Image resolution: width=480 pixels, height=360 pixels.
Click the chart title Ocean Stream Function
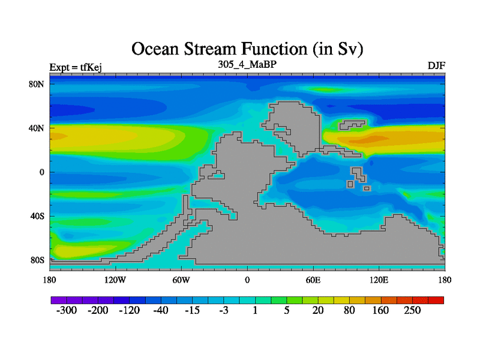(x=247, y=49)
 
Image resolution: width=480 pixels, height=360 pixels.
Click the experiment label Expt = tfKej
(x=76, y=67)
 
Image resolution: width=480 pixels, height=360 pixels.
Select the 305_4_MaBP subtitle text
(x=247, y=64)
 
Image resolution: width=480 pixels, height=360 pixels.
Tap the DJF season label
(x=436, y=65)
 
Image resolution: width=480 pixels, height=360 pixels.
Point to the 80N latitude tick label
(x=37, y=84)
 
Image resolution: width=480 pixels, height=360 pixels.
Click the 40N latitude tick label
(x=37, y=128)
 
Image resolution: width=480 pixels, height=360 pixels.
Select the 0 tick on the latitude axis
(x=41, y=172)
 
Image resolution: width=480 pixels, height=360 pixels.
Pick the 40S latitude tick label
(x=37, y=216)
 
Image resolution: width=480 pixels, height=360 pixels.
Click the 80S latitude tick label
(x=37, y=260)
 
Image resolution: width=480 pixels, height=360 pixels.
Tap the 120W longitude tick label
(x=115, y=280)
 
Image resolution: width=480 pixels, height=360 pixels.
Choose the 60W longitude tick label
(x=181, y=280)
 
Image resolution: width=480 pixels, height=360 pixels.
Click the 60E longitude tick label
(x=313, y=280)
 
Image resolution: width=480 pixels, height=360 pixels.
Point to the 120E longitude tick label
(x=379, y=280)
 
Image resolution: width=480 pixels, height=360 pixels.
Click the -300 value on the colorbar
(x=67, y=310)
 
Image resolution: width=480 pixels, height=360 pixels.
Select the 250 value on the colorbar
(x=412, y=310)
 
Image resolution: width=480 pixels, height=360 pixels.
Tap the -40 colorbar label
(x=161, y=310)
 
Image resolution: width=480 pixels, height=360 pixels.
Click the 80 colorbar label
(x=349, y=310)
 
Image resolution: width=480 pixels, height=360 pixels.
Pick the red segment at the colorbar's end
(x=436, y=300)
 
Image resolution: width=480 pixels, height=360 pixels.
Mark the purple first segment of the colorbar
(x=59, y=300)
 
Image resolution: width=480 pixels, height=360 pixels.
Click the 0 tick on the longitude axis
(x=247, y=280)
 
